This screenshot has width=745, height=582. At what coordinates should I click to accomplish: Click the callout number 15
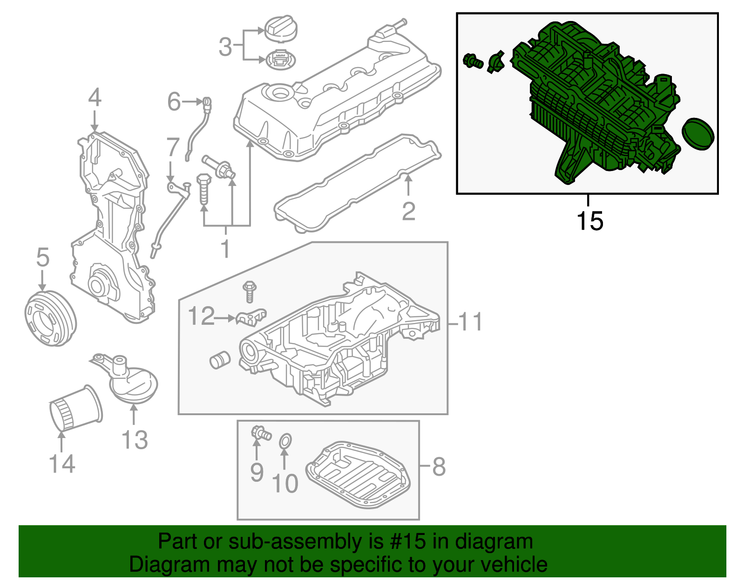tap(589, 221)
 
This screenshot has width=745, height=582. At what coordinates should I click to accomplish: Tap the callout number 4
tap(95, 98)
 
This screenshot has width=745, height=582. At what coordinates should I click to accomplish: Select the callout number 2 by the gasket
tap(408, 212)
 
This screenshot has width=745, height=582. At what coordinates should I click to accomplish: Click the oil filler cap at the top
tap(281, 28)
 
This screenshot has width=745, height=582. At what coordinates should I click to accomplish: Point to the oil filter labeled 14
tap(75, 409)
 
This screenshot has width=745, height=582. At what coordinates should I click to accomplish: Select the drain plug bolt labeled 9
tap(261, 433)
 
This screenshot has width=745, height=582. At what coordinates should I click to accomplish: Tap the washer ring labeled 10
tap(285, 441)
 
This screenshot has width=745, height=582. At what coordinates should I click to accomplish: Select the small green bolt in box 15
tap(473, 61)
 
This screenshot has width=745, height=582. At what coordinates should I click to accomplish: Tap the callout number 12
tap(201, 316)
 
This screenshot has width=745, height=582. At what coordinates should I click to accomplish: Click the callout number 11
tap(470, 322)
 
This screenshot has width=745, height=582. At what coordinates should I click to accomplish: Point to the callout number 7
tap(173, 147)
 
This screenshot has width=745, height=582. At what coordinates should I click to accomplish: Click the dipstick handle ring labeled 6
tap(207, 101)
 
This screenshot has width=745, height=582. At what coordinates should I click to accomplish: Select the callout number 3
tap(225, 47)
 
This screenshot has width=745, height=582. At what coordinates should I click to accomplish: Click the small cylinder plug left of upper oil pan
tap(219, 359)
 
